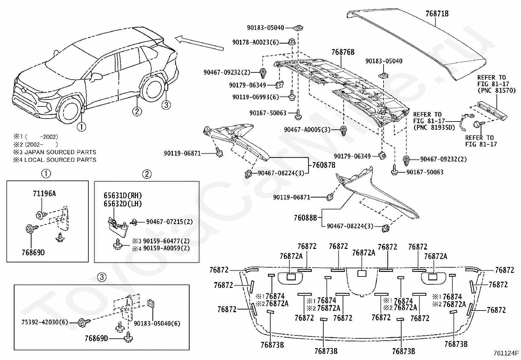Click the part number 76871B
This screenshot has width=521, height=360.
(x=437, y=14)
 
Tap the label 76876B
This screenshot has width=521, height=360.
(x=343, y=52)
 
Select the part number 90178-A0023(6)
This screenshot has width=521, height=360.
(x=255, y=42)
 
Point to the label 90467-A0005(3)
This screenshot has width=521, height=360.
(x=307, y=130)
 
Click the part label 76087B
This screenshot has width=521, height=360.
(x=324, y=165)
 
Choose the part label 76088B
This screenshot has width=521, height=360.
(x=305, y=218)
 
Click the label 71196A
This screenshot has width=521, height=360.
(x=45, y=194)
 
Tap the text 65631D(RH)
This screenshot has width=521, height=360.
(x=123, y=195)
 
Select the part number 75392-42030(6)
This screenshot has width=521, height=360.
(x=45, y=322)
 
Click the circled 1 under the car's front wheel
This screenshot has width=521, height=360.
(x=81, y=127)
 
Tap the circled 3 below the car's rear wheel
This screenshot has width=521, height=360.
(x=166, y=105)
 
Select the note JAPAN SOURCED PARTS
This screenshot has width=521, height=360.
(x=60, y=152)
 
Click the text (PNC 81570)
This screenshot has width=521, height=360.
(x=496, y=90)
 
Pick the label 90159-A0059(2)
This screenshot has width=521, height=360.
(x=166, y=248)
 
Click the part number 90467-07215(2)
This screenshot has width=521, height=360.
(x=169, y=222)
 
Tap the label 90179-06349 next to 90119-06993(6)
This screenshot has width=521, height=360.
(x=247, y=85)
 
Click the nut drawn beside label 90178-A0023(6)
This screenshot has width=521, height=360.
(x=292, y=42)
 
